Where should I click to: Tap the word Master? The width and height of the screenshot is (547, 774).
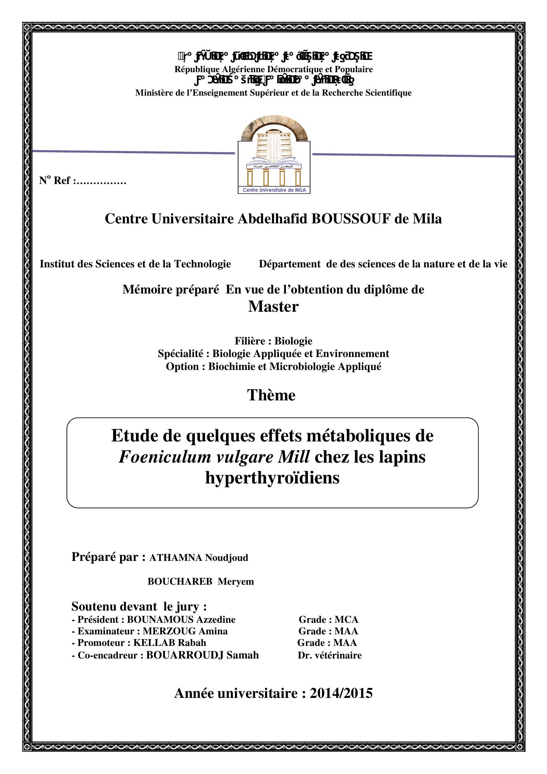[x=273, y=307]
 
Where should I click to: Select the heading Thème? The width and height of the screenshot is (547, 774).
[x=271, y=395]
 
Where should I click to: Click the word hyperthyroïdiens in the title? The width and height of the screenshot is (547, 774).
[x=272, y=478]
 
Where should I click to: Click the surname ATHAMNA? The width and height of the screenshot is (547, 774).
[x=175, y=558]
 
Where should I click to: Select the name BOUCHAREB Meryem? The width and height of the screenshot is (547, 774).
[x=201, y=581]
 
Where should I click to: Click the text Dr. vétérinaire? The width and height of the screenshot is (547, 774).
[x=330, y=655]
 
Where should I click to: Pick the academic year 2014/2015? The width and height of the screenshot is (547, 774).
[x=341, y=693]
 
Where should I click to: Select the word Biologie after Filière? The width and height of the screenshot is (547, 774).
[x=293, y=341]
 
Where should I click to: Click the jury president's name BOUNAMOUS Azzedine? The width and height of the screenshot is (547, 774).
[x=181, y=619]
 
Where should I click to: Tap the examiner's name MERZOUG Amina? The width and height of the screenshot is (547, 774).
[x=185, y=631]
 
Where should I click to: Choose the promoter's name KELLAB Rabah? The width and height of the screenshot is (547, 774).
[x=169, y=643]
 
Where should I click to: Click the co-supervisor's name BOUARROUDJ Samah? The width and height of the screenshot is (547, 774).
[x=202, y=655]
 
